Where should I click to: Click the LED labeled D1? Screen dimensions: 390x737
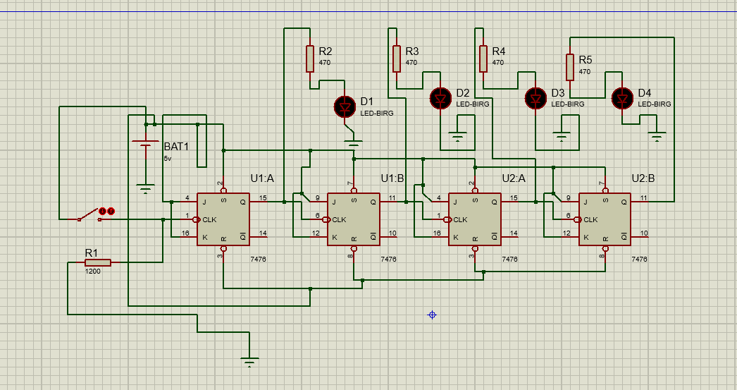(x=345, y=106)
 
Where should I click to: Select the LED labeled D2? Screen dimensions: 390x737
(x=442, y=98)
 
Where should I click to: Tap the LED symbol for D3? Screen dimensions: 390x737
(x=536, y=98)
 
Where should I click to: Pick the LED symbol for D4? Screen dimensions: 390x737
(x=623, y=99)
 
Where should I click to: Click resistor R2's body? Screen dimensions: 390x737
(x=310, y=59)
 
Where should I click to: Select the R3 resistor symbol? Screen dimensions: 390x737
(x=397, y=59)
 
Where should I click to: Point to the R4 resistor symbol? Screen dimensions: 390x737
(x=483, y=59)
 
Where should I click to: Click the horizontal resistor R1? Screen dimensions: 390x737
(x=98, y=262)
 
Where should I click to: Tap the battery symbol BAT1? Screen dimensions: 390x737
(x=146, y=152)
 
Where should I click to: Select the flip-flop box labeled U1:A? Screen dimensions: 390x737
(x=223, y=219)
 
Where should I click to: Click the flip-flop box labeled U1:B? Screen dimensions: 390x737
(x=353, y=219)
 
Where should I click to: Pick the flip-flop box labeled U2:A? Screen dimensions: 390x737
(x=475, y=219)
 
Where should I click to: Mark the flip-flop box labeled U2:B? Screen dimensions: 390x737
(x=605, y=219)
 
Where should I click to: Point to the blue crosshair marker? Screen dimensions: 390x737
(x=432, y=315)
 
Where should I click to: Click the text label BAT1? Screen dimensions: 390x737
(x=177, y=147)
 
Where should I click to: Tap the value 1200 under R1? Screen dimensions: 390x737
(x=92, y=271)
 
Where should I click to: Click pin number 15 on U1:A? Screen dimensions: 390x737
(x=263, y=197)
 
